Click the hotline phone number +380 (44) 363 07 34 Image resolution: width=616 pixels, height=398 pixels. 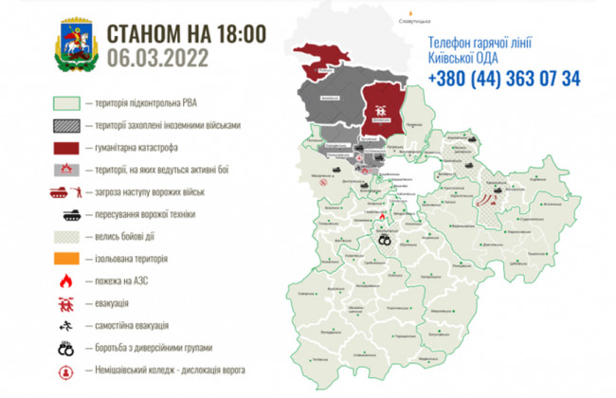click(504, 79)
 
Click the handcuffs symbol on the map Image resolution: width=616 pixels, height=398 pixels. click(386, 240)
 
